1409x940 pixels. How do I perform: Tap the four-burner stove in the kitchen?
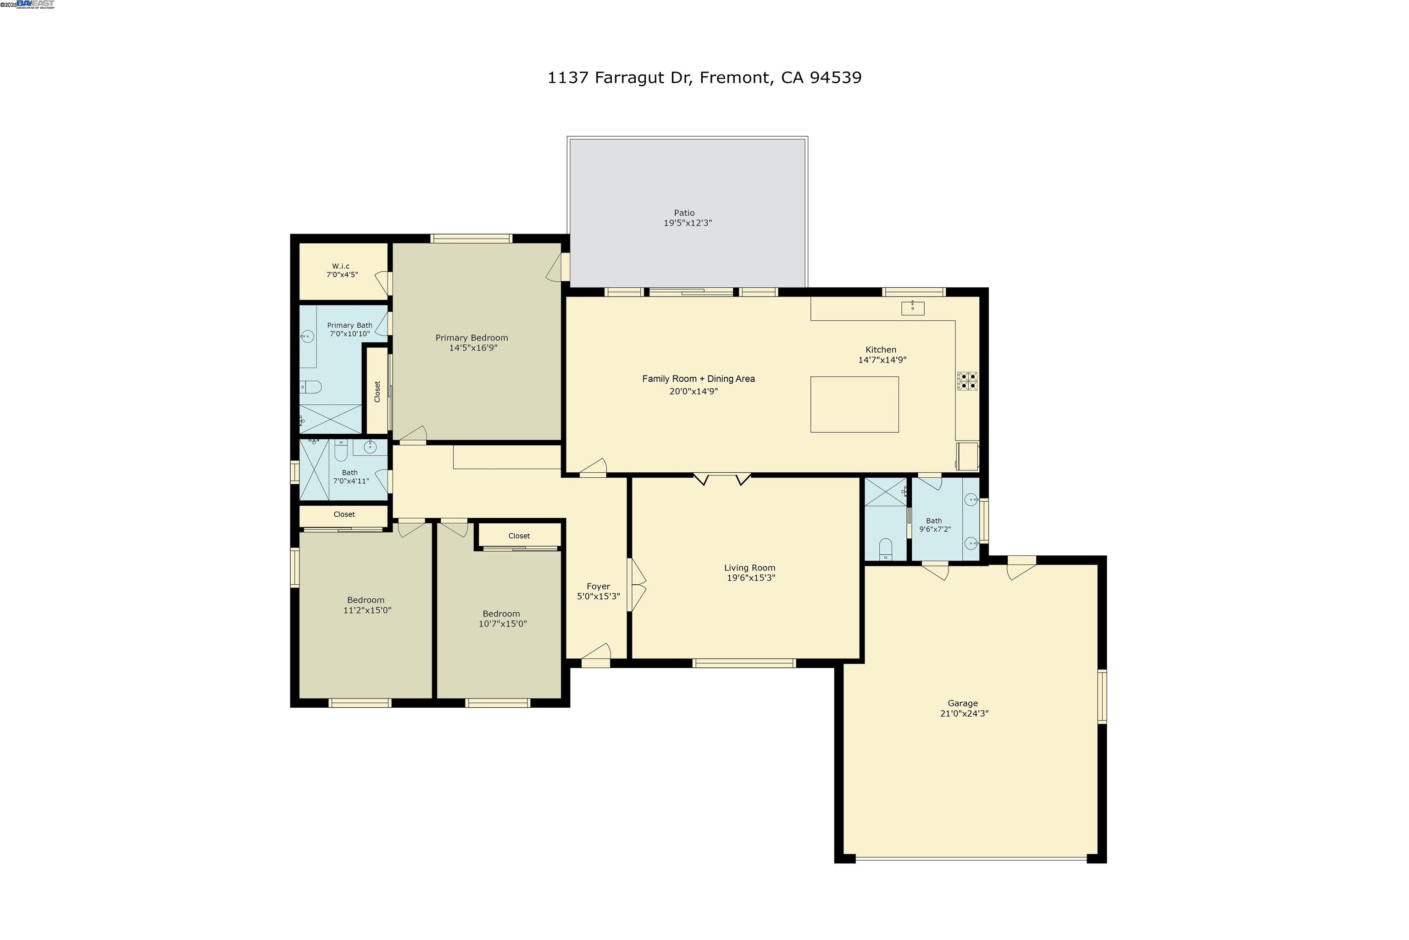[967, 381]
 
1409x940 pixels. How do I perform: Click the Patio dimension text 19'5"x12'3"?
[687, 223]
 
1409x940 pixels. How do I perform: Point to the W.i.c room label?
[341, 266]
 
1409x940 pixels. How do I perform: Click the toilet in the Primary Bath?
[311, 386]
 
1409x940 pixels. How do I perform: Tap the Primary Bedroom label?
[472, 337]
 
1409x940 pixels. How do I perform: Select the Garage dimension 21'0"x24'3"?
[964, 713]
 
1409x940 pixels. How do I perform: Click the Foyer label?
[598, 586]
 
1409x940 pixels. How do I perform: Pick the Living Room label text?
[749, 568]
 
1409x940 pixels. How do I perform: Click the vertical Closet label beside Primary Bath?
[377, 392]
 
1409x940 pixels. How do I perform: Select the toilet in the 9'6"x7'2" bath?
[885, 549]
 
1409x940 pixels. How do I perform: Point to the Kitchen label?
[881, 349]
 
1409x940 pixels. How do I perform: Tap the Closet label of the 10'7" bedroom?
[519, 536]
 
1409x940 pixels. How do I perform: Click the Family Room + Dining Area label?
[699, 379]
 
